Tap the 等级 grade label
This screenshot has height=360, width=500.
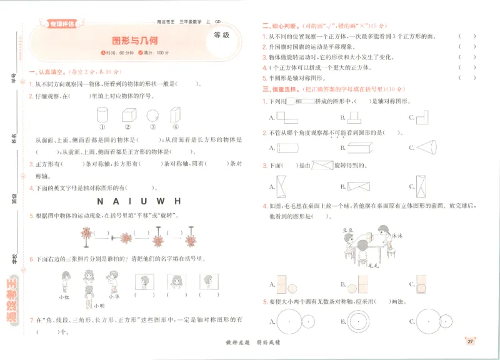(x=221, y=35)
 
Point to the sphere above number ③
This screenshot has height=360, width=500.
(x=151, y=115)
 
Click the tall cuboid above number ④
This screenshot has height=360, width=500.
(x=175, y=114)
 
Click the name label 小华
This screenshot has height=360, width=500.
(x=113, y=297)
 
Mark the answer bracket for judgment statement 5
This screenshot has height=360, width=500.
(x=467, y=78)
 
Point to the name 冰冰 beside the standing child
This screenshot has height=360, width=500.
(x=396, y=236)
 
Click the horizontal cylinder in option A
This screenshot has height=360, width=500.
(x=290, y=148)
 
